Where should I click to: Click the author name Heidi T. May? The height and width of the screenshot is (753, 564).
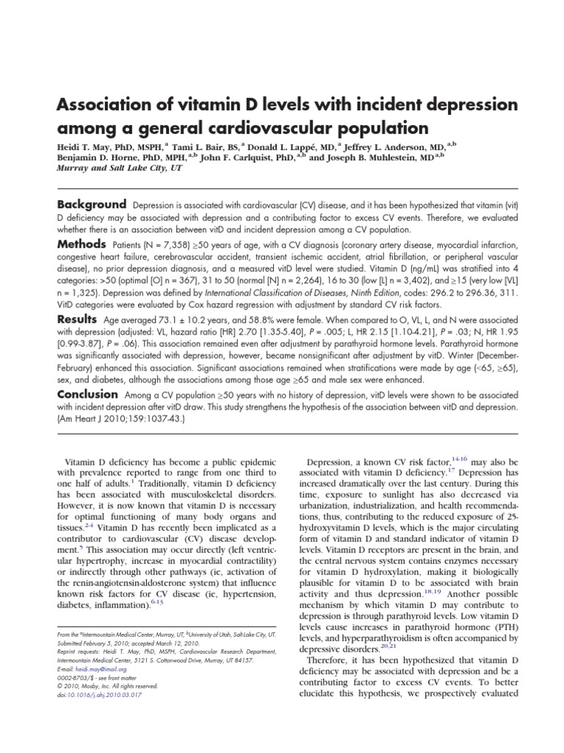85,146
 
